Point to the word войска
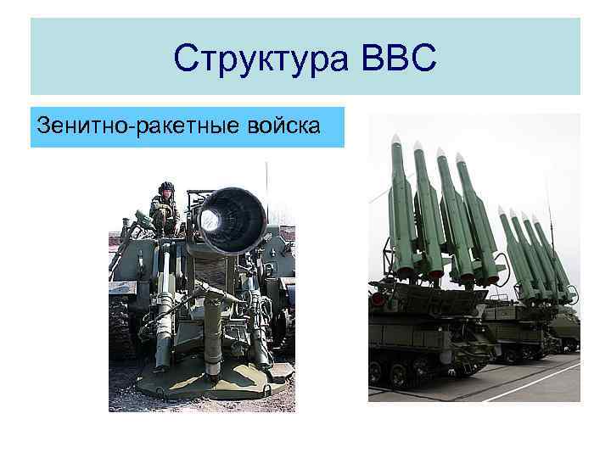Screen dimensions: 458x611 tap(287, 127)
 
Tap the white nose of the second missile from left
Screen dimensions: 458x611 tap(418, 146)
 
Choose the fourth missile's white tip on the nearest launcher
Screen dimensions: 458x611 tap(459, 158)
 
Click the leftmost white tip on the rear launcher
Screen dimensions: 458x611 tap(501, 211)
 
